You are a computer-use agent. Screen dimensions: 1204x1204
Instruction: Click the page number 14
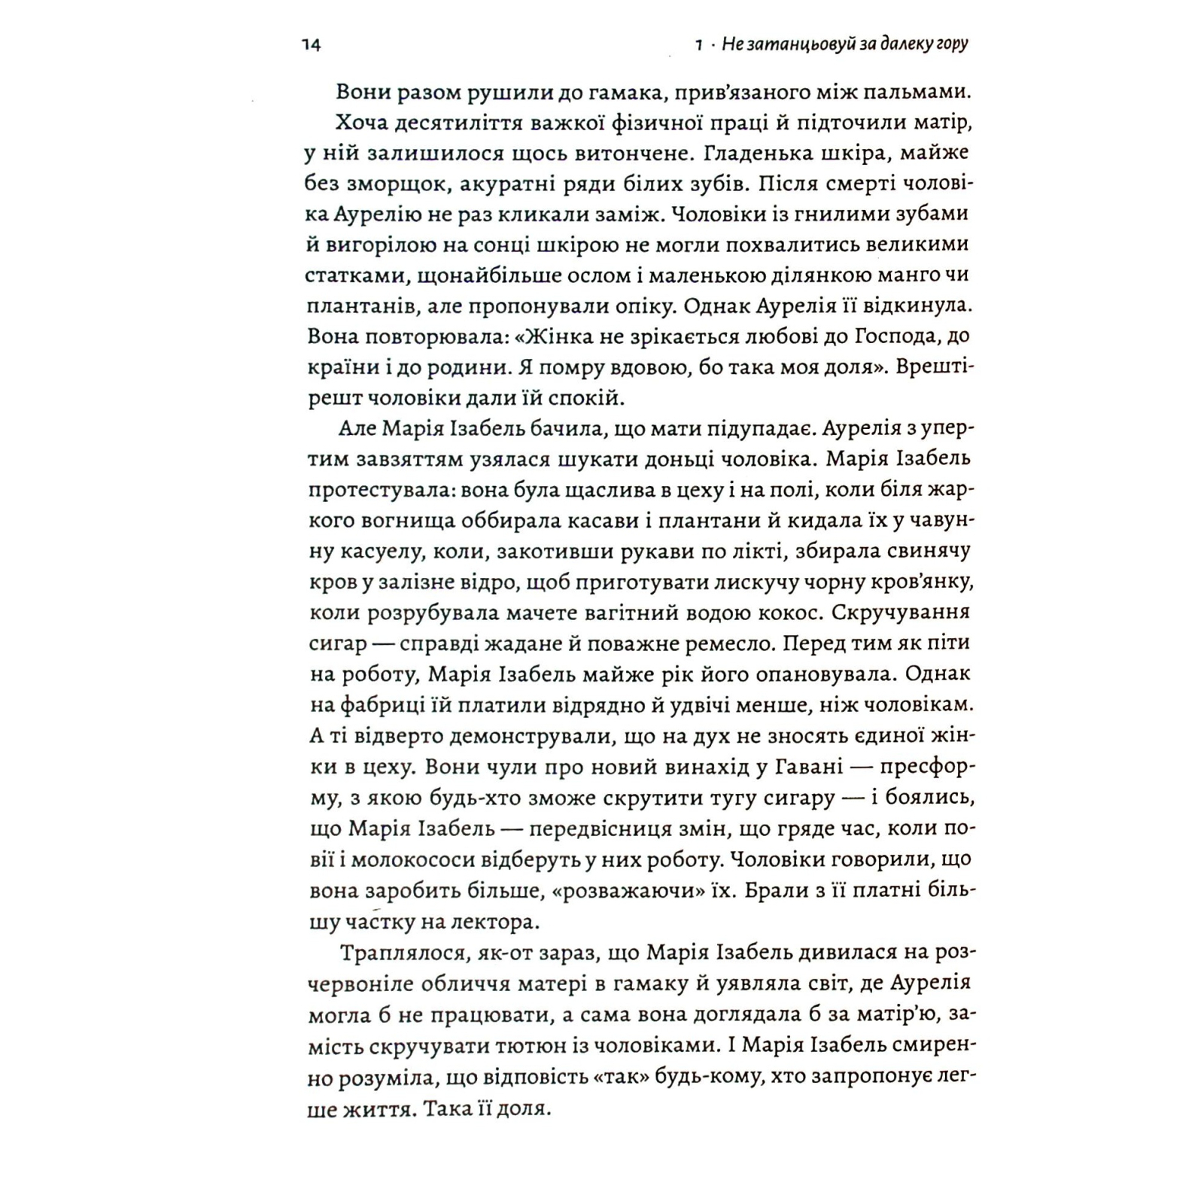[x=311, y=45]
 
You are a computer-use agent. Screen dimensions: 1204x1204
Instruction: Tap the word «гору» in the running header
[x=951, y=44]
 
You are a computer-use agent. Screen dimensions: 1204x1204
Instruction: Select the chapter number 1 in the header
[x=699, y=45]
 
